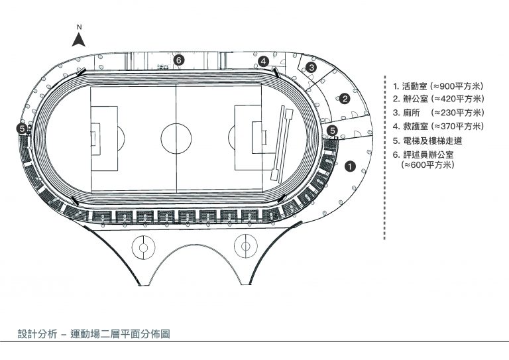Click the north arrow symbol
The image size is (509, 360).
pos(79,40)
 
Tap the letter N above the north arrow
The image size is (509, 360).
pos(80,27)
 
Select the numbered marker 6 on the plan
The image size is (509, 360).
pos(178,60)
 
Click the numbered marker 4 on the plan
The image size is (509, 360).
pos(264,61)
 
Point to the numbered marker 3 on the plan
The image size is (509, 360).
pos(311,68)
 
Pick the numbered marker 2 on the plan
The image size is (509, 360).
pos(345,99)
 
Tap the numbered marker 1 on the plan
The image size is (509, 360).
pos(350,166)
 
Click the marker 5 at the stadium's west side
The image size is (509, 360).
pos(22,129)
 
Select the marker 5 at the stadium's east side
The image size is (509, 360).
pos(332,131)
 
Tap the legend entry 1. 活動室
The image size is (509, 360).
pos(438,86)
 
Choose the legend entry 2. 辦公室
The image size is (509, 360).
pos(438,99)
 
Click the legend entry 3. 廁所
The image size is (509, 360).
pos(438,113)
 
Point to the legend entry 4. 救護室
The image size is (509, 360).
pos(438,126)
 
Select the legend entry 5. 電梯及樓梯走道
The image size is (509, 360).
pos(427,141)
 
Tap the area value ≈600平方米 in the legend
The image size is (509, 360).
pos(427,164)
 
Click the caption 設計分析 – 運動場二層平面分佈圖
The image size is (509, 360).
pos(94,333)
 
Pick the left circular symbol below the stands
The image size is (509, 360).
pos(143,248)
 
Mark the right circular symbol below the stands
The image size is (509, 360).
pos(246,247)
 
